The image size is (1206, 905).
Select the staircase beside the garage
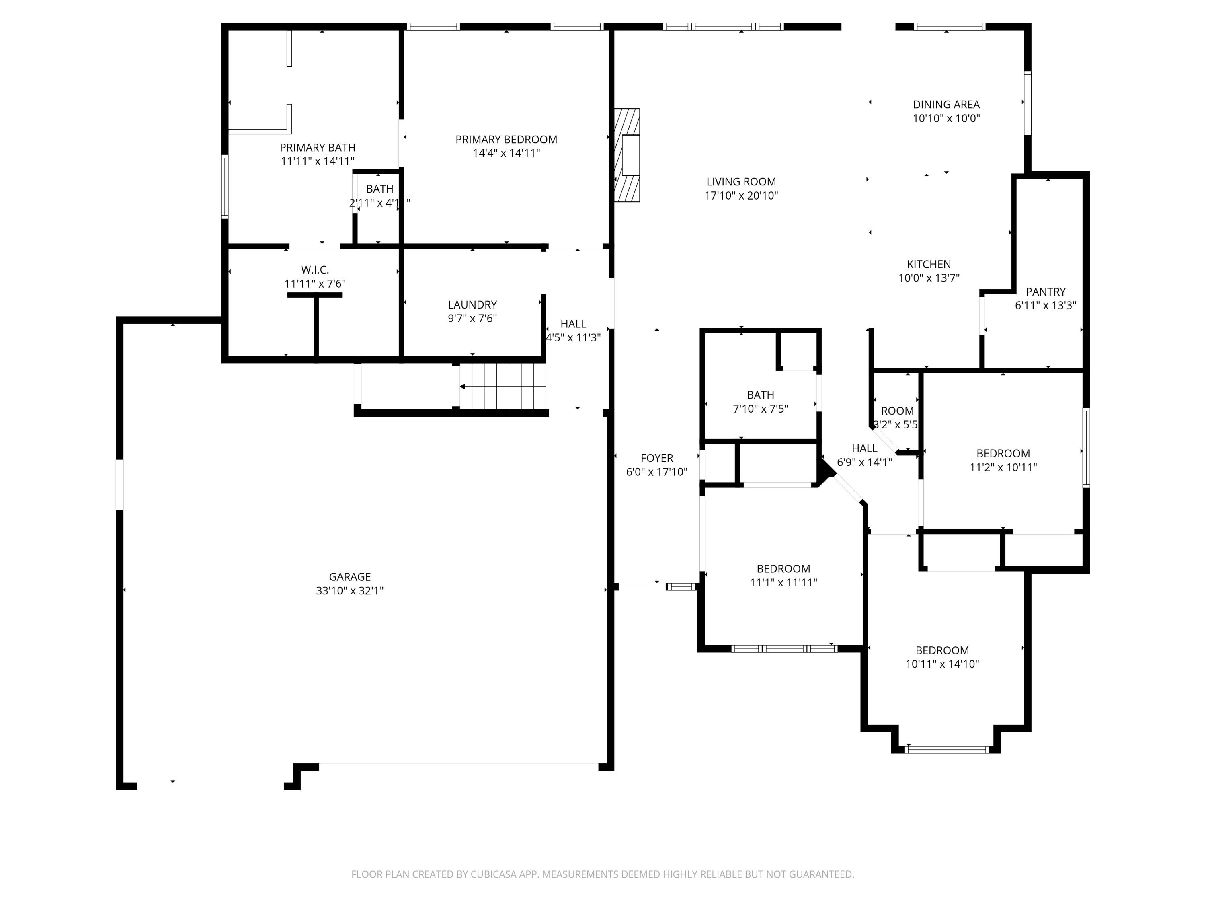click(x=502, y=386)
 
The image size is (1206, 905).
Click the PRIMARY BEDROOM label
click(x=506, y=140)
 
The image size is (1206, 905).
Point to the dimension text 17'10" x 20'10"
click(x=741, y=196)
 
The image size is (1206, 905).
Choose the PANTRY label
click(x=1045, y=292)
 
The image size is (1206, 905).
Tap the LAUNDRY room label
click(x=472, y=305)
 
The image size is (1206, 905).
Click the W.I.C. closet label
click(x=315, y=270)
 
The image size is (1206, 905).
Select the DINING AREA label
click(x=946, y=105)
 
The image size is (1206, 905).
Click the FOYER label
click(x=656, y=458)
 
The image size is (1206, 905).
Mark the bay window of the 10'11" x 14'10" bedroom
click(x=946, y=749)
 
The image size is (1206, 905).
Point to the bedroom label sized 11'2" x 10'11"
click(x=1003, y=454)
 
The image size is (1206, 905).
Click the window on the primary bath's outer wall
click(x=224, y=187)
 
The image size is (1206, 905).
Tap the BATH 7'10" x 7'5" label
click(x=760, y=395)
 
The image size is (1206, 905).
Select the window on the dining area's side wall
click(x=1027, y=103)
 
